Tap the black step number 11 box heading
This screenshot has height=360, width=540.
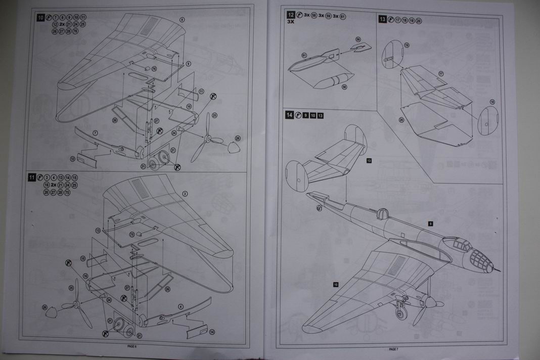(x=32, y=177)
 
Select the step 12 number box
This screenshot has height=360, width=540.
(x=291, y=16)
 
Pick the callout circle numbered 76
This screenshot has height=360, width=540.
(x=154, y=68)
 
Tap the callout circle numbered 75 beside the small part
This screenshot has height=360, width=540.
(x=132, y=234)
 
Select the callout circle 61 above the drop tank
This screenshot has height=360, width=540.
(x=304, y=55)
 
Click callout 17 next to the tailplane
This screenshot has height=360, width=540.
(x=441, y=74)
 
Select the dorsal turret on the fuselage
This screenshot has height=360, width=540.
(x=383, y=214)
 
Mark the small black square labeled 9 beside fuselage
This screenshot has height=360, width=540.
(x=430, y=223)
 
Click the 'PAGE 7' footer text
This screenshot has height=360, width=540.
(x=394, y=349)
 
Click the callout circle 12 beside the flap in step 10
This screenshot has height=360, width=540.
(x=72, y=159)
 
